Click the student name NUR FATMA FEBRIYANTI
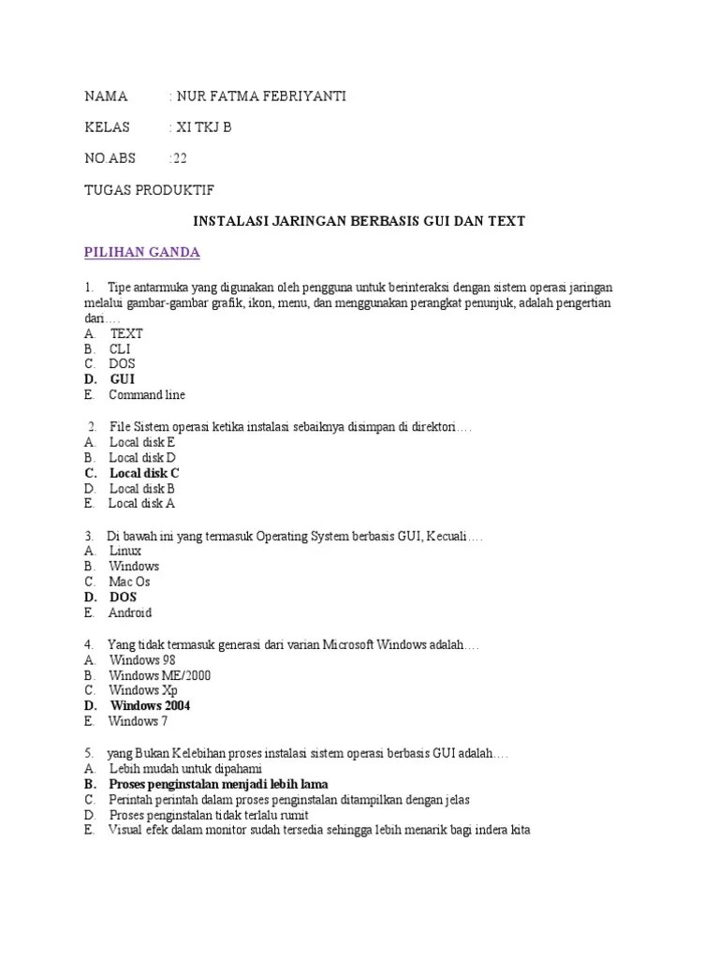click(254, 96)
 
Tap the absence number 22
click(180, 158)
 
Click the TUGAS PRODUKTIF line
click(149, 190)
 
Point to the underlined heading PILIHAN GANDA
click(141, 253)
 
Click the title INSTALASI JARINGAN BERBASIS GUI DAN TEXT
click(359, 222)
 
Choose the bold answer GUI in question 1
click(123, 379)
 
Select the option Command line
click(147, 395)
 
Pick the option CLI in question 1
click(120, 348)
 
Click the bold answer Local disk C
click(144, 473)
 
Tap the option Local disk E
click(142, 442)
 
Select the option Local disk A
click(141, 504)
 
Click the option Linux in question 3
click(125, 551)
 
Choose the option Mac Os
click(129, 582)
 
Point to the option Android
click(130, 612)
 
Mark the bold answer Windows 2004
click(150, 705)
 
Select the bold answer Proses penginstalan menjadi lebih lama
click(218, 783)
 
